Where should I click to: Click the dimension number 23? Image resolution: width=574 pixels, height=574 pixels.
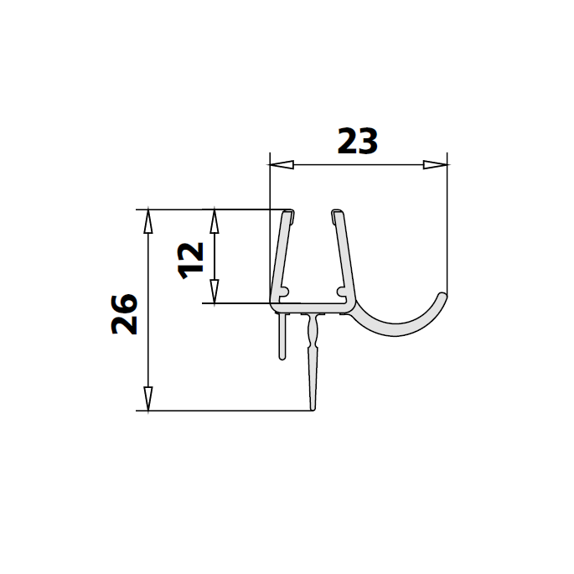358,142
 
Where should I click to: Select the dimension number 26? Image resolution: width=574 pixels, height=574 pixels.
125,314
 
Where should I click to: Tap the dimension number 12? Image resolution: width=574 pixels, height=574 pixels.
191,258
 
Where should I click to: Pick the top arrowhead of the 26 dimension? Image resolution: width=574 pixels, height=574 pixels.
148,220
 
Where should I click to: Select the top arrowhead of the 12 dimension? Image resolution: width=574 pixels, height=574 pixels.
215,220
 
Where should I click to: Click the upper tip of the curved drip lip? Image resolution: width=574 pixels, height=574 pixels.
443,296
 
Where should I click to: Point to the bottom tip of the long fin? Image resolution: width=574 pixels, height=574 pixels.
313,409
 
